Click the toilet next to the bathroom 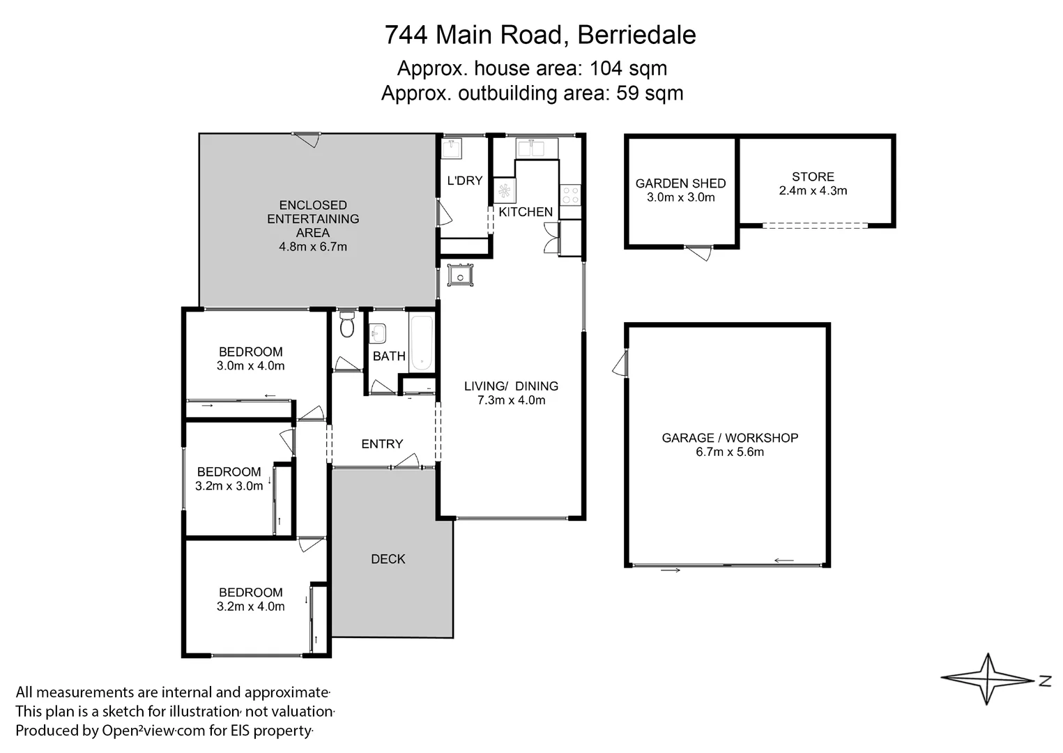347,326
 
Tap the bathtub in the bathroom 422,343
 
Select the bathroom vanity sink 378,334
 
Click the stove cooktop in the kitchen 571,195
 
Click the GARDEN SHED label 680,183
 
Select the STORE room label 813,177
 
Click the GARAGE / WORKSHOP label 730,438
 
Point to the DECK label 388,559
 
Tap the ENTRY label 382,444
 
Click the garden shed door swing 699,252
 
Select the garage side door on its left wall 620,363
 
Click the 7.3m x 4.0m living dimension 511,400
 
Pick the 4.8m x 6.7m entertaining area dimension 313,246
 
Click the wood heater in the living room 461,275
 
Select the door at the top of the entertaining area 306,139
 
